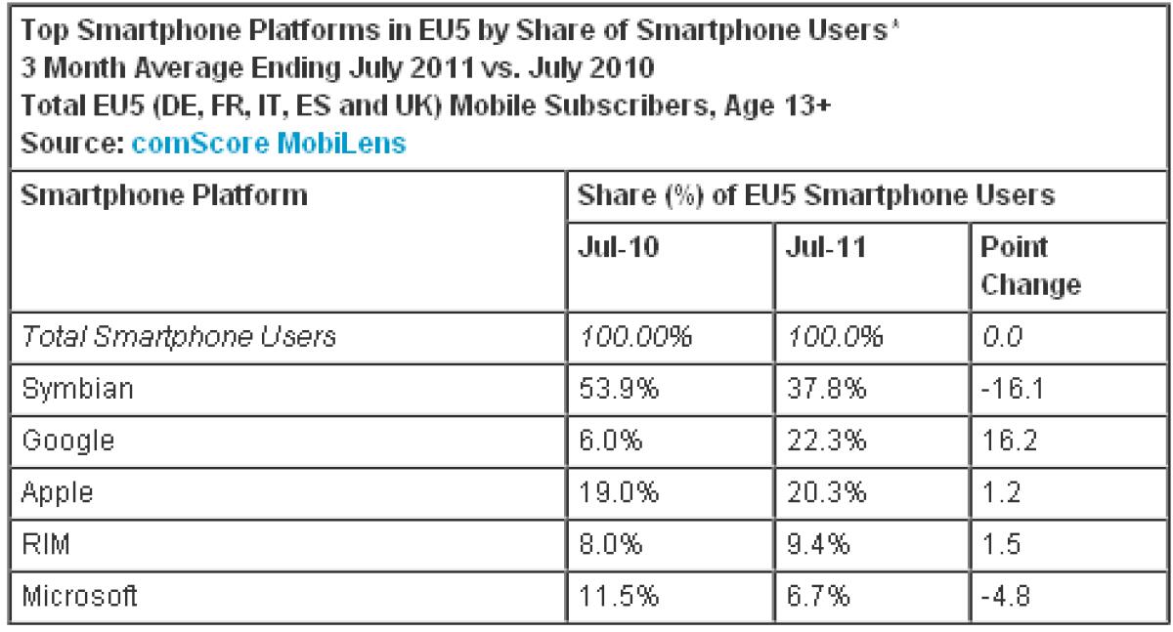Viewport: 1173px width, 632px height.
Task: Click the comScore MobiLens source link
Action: (269, 143)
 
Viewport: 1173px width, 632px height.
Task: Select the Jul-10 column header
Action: (618, 246)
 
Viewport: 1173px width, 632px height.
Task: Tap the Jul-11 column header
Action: (826, 246)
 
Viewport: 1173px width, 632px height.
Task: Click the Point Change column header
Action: (1030, 266)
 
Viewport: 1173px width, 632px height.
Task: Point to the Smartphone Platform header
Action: (164, 195)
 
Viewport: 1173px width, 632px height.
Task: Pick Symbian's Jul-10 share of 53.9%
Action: (619, 389)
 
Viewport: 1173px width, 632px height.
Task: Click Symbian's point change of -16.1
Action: (1012, 389)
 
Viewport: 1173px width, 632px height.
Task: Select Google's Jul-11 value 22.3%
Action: (826, 440)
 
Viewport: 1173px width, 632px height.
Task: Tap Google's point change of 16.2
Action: (1009, 440)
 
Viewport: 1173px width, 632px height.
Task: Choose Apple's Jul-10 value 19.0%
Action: (619, 492)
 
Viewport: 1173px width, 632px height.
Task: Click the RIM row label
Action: (46, 544)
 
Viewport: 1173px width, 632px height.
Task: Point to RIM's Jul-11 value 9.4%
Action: (818, 544)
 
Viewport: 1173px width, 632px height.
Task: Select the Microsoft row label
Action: (79, 596)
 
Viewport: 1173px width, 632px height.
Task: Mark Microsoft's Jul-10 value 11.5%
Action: (619, 596)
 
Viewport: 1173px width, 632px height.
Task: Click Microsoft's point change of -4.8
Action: (1005, 596)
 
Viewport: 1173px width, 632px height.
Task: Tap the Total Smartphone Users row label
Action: (179, 336)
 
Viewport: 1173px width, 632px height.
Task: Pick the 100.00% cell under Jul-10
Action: (635, 336)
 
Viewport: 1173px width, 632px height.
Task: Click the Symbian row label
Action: (77, 389)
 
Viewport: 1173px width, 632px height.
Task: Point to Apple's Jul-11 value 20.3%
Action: (826, 492)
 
